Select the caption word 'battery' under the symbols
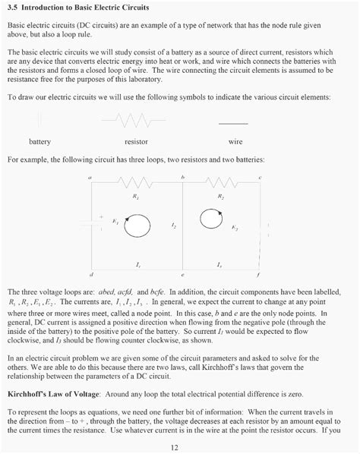(39, 142)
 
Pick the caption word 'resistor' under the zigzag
(135, 142)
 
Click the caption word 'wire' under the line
(235, 142)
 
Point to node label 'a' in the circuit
(90, 177)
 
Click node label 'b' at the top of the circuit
(183, 177)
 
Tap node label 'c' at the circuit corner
(261, 177)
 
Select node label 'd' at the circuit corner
(90, 274)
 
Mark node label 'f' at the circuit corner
(260, 274)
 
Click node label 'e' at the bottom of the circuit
(182, 274)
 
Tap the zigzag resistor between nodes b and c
(219, 184)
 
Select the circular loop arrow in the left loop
(137, 225)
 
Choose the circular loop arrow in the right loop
(212, 221)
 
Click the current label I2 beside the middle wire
(174, 226)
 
